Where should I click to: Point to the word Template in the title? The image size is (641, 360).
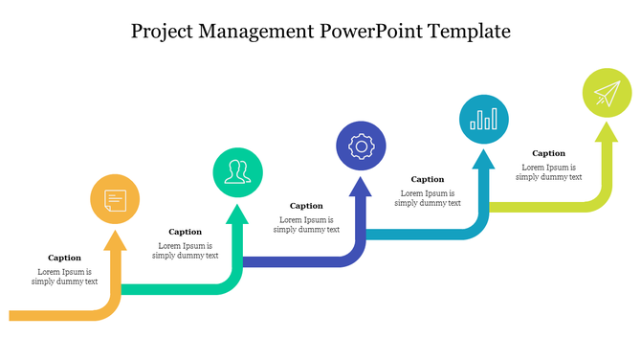[x=470, y=32]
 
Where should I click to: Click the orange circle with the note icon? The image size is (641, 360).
[x=115, y=200]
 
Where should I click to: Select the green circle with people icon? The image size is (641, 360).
[x=237, y=173]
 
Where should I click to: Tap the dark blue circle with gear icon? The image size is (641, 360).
[x=361, y=146]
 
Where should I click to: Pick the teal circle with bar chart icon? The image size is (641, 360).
[x=484, y=120]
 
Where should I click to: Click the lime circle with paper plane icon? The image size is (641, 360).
[x=607, y=93]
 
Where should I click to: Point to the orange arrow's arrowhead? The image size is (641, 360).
[x=115, y=238]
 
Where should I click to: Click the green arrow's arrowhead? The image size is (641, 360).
[x=237, y=213]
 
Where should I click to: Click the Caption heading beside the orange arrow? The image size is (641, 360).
[x=64, y=258]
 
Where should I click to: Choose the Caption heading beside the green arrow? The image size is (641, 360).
[x=185, y=232]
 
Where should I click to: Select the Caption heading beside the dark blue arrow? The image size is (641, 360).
[x=306, y=206]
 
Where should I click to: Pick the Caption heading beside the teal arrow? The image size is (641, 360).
[x=428, y=179]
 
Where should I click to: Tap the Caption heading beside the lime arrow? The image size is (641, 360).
[x=548, y=153]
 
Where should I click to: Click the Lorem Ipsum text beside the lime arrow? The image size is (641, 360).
[x=548, y=172]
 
